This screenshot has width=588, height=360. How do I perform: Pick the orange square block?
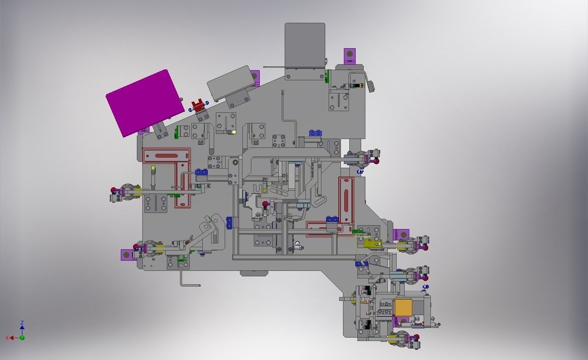[403, 307]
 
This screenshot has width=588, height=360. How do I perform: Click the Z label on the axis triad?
[22, 323]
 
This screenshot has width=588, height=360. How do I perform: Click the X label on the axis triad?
[7, 338]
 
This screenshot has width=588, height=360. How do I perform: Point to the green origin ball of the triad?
[22, 338]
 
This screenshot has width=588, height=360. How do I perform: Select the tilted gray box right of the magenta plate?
[229, 84]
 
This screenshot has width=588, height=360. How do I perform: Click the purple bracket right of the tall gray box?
[350, 55]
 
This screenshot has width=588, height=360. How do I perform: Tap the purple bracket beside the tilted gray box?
[254, 77]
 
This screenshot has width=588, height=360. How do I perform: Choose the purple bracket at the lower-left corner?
[126, 255]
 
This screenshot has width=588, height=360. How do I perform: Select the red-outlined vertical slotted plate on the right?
[346, 199]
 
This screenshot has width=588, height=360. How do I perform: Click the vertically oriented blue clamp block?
[229, 223]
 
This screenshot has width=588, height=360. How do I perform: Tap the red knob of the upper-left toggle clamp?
[113, 191]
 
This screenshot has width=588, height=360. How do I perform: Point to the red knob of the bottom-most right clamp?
[417, 337]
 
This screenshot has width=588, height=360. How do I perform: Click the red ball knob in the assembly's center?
[265, 205]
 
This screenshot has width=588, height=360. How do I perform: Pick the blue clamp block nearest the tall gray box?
[315, 133]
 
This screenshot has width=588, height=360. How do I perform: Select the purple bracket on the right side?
[402, 234]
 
